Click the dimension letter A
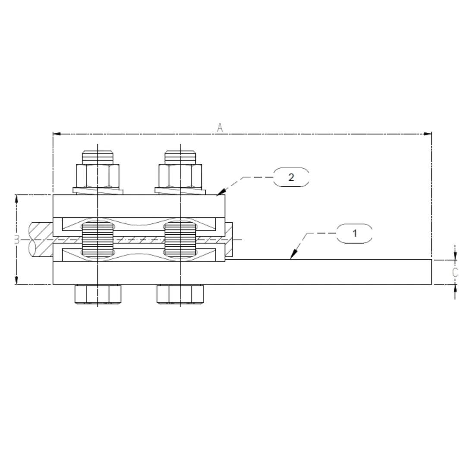pos(220,128)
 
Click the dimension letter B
pos(16,239)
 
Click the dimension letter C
pos(455,272)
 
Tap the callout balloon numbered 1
pos(354,234)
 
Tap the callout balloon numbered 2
pos(291,177)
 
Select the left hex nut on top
pos(98,175)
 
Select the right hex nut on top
pos(180,175)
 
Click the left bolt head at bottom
pos(98,294)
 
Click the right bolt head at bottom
pos(180,294)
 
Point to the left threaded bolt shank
pos(98,239)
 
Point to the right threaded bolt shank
pos(180,239)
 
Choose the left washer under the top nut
pos(98,190)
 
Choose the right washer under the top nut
pos(180,190)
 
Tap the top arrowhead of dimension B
pos(16,198)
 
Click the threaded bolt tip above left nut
pos(98,157)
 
